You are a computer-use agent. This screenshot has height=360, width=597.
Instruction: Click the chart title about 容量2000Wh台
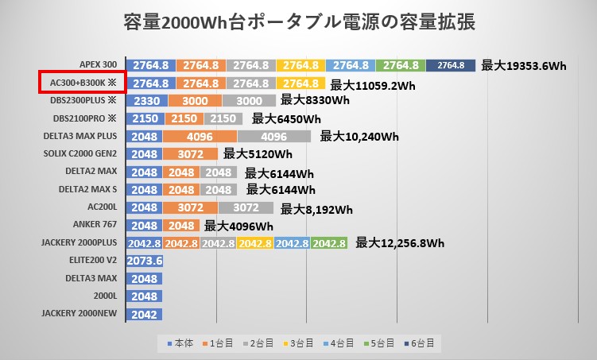tap(299, 22)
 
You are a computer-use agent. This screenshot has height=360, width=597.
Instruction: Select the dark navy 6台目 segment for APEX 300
tap(450, 66)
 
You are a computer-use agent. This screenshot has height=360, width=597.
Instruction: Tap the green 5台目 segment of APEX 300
tap(401, 66)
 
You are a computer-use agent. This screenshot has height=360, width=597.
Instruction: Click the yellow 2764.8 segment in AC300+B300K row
tap(300, 83)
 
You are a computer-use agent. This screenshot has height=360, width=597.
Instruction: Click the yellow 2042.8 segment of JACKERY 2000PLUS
tap(254, 243)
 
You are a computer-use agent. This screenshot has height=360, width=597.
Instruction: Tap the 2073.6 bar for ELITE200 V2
tap(144, 261)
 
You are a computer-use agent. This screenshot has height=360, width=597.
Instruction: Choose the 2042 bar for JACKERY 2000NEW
tap(144, 314)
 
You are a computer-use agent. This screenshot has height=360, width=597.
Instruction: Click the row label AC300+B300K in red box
tap(83, 83)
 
